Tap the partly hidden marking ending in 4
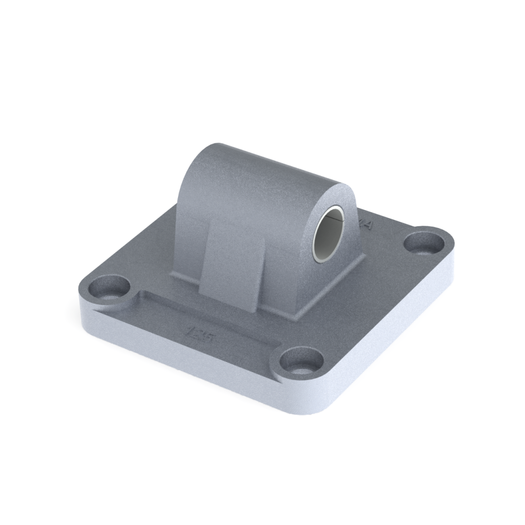coord(366,225)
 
